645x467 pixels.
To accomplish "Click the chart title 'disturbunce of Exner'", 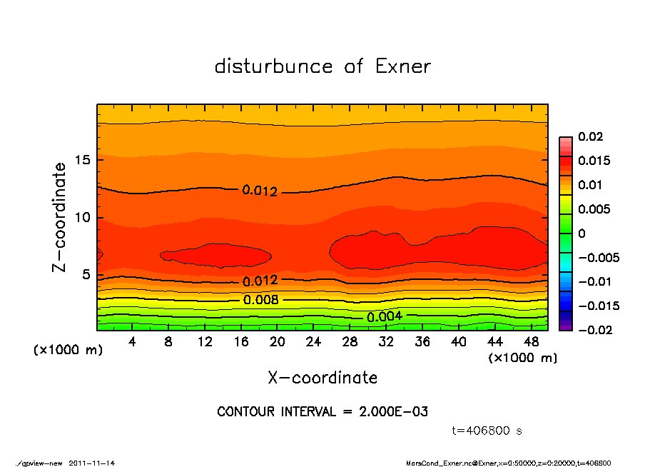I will click(322, 66).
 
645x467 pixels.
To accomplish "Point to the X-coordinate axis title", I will click(322, 377).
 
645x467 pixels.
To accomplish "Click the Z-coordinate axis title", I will click(60, 216).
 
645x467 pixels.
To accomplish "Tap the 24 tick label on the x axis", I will click(313, 341).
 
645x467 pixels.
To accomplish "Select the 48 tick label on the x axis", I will click(531, 341).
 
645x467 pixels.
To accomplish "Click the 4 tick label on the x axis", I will click(132, 341).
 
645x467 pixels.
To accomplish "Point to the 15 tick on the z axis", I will click(83, 159).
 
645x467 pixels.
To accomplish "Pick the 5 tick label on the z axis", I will click(86, 275).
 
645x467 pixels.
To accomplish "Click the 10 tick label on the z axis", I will click(83, 217).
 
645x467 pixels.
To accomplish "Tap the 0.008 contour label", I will click(260, 300).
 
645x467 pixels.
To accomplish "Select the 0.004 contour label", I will click(385, 316).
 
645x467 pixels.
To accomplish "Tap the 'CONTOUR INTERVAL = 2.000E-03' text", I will click(322, 412).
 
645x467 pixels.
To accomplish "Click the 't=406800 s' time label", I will click(487, 431).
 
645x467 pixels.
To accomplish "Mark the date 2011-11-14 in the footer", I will click(92, 463).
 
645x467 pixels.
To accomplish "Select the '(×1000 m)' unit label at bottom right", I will click(522, 358).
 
